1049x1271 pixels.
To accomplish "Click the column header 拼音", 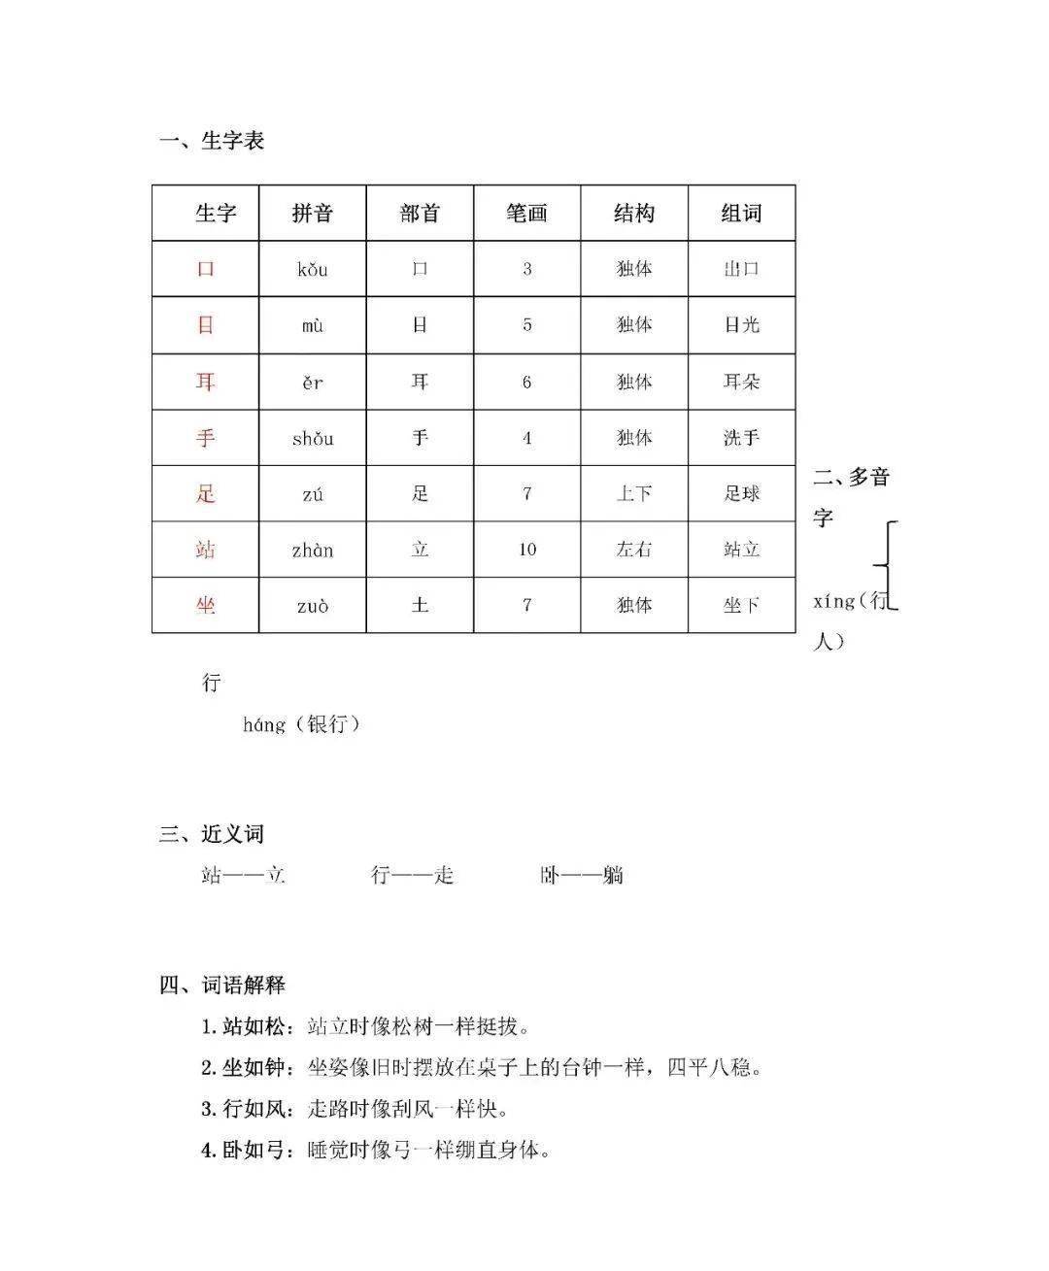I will tap(313, 214).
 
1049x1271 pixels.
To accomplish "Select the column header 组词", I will tap(741, 214).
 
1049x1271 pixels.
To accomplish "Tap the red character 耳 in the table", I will tap(205, 382).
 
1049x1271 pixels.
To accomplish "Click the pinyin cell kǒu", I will tap(313, 269).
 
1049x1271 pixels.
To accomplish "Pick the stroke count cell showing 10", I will tap(526, 550).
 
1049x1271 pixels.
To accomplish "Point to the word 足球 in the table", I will tap(741, 493).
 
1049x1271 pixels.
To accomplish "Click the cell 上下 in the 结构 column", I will tap(634, 493).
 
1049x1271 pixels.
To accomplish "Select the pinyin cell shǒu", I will tap(313, 438).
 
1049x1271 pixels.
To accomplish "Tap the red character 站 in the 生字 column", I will tap(205, 550).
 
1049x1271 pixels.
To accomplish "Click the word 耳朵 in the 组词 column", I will tap(741, 382).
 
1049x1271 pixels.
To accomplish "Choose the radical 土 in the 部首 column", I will tap(420, 605).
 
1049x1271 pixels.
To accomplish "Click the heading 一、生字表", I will tap(212, 141).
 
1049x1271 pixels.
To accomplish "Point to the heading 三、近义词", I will tap(212, 834).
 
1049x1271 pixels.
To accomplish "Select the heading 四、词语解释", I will tap(222, 985).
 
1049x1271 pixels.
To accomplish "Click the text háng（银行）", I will tap(302, 724).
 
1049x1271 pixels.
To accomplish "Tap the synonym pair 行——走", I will tap(413, 875).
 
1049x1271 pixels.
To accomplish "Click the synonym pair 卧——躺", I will tap(582, 875).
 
